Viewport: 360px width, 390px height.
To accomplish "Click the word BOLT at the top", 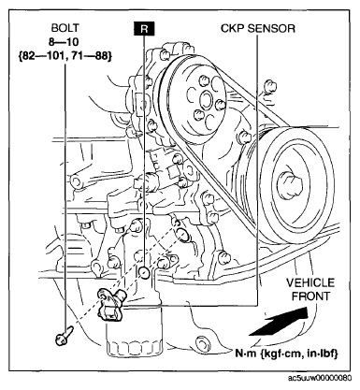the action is coord(65,28).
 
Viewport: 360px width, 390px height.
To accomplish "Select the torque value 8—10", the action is coord(64,42).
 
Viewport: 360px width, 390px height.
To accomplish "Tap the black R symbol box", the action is coord(144,28).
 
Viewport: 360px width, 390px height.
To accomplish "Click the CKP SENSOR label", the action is coord(258,28).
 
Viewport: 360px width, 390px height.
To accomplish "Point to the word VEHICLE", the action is coord(310,282).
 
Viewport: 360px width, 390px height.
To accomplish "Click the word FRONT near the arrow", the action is coord(310,296).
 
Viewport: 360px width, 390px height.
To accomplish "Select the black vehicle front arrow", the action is coord(280,322).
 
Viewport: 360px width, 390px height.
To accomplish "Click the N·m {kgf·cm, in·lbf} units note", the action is coord(286,354).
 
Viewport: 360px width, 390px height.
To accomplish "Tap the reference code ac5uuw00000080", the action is coord(320,378).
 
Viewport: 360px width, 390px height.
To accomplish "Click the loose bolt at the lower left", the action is coord(64,336).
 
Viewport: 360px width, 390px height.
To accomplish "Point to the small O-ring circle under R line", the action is coord(144,272).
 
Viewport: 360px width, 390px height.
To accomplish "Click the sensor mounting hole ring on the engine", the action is coord(182,234).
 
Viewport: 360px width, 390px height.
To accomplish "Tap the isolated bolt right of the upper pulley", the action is coord(269,86).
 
